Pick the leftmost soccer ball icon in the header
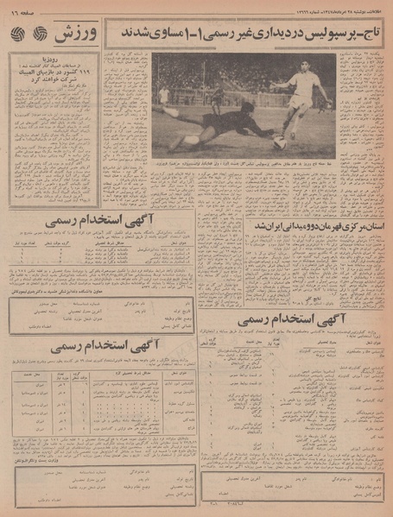[x=18, y=35]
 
